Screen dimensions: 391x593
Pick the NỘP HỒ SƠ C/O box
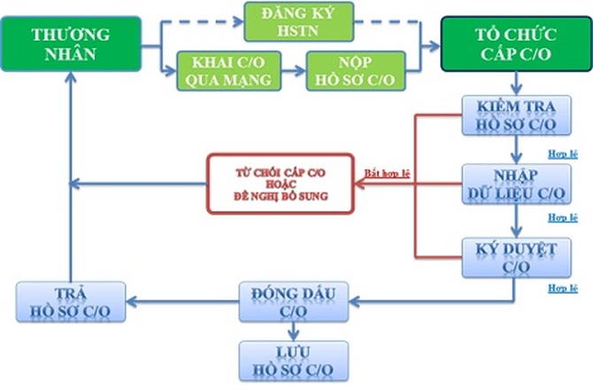356,71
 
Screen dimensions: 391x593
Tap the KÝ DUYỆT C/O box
510,258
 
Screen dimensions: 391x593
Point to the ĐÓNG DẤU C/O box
293,302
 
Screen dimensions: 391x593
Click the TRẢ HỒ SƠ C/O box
71,302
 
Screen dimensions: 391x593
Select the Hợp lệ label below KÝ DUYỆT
562,288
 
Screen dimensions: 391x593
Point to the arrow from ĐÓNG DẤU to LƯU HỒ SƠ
293,330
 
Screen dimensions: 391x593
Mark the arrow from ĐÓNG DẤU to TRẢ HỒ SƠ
181,302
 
